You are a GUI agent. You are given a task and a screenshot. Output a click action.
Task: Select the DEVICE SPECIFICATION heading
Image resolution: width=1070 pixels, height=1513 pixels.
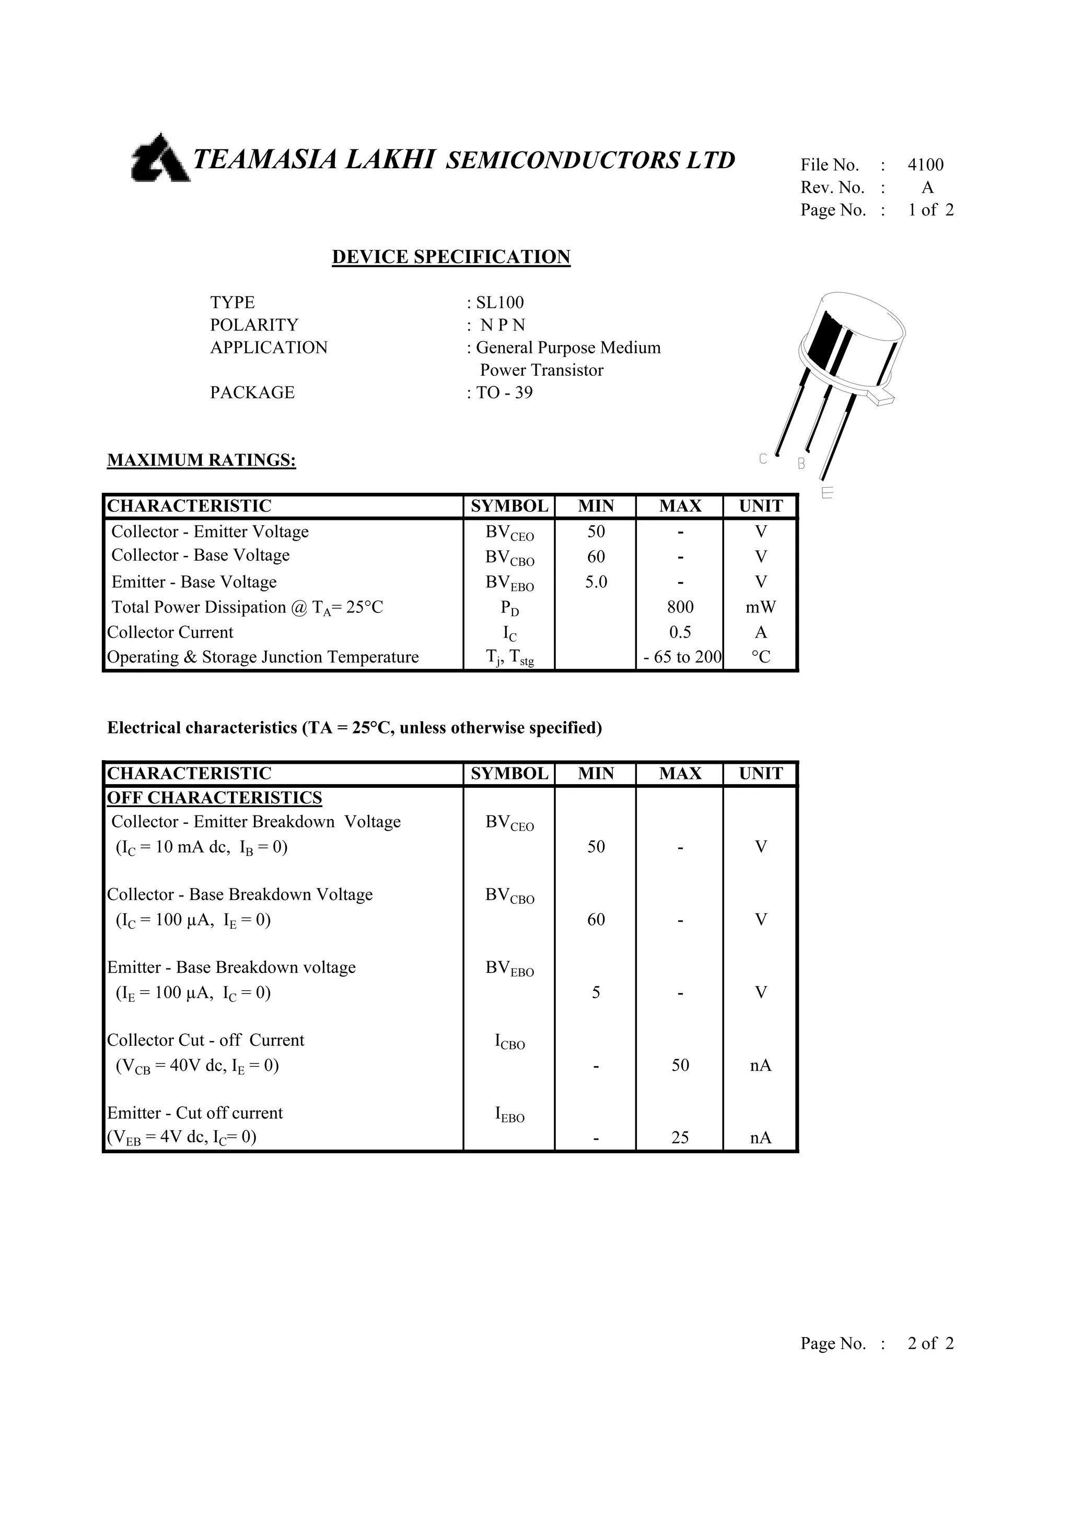(451, 257)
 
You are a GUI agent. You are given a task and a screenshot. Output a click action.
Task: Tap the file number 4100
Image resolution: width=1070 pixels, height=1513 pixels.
(926, 165)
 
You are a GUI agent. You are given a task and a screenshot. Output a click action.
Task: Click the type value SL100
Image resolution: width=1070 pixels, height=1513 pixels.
(499, 302)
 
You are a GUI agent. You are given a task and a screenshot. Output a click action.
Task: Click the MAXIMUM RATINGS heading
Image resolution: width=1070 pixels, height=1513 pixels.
(202, 460)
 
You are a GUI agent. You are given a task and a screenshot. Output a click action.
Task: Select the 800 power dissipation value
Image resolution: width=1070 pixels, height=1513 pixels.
(680, 607)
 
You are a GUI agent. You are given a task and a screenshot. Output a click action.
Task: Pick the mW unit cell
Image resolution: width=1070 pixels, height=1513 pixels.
(761, 607)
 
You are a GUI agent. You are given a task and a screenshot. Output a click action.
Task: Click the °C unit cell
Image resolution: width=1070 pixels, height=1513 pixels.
(761, 657)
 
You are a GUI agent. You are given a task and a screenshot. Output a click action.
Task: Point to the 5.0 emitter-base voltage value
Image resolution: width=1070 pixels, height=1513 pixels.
(596, 582)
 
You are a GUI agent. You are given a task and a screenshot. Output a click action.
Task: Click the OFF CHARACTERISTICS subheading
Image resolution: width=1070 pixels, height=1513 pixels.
(214, 798)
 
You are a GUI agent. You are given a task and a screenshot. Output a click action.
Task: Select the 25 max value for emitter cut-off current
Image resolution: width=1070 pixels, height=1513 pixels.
(680, 1138)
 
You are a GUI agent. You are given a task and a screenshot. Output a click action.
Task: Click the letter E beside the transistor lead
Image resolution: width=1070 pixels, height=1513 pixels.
(828, 492)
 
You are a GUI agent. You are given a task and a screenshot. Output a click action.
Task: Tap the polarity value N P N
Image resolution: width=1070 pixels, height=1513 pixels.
(503, 325)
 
